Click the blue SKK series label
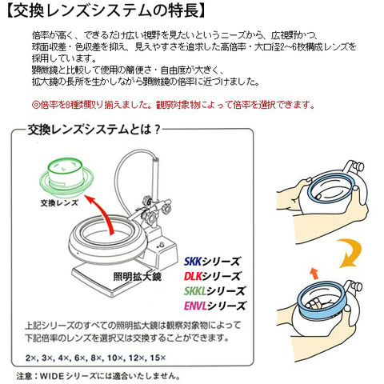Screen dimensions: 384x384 [212, 262]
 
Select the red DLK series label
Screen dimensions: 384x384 [212, 276]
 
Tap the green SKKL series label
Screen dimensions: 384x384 [214, 291]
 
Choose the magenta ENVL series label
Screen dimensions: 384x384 [214, 306]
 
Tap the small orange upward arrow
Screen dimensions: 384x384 [314, 274]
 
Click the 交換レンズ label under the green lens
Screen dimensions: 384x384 [59, 203]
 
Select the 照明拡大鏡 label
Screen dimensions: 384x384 [137, 277]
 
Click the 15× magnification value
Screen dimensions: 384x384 [158, 358]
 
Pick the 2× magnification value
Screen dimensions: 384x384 [31, 358]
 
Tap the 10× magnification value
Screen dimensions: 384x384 [115, 358]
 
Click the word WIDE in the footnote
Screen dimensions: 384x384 [52, 376]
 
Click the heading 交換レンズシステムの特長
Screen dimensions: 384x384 [106, 11]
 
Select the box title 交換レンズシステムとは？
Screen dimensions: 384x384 [94, 130]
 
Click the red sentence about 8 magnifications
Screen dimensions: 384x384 [173, 105]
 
